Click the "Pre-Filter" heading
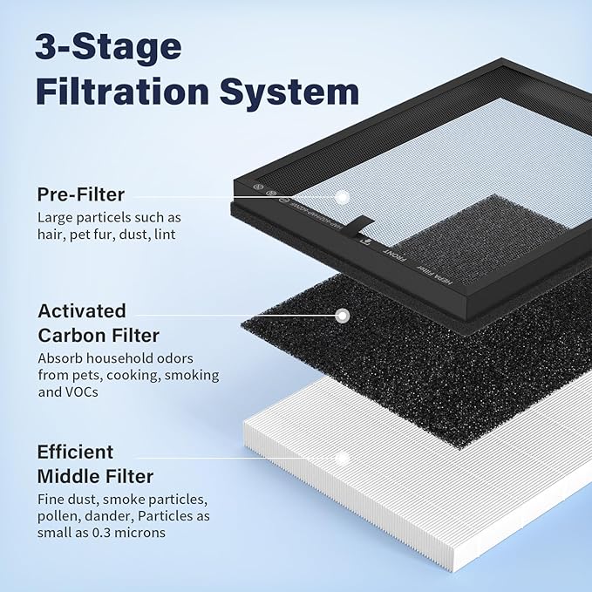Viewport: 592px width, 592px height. tap(80, 194)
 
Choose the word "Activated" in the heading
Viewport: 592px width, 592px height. tap(82, 311)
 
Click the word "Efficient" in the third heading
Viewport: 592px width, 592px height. tap(75, 453)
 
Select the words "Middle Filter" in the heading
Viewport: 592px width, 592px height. tap(95, 476)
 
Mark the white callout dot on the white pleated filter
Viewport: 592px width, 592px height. tap(343, 457)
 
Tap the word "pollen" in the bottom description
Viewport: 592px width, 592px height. tap(57, 517)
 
